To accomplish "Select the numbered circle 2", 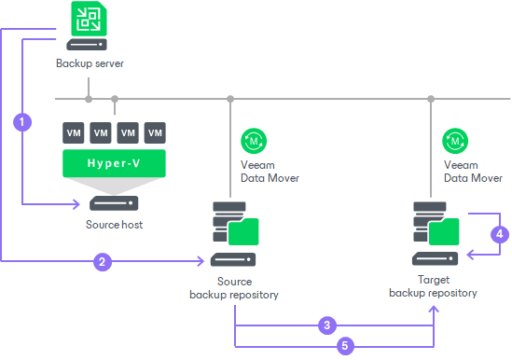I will [102, 262].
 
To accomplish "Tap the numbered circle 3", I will [325, 325].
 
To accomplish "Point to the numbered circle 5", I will [344, 346].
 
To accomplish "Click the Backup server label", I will [89, 64].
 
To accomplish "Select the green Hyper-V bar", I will [114, 165].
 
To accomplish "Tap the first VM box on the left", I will [74, 132].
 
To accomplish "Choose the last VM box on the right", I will [155, 132].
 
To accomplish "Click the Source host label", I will [114, 225].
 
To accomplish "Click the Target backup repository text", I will [433, 285].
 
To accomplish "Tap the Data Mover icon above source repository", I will [254, 140].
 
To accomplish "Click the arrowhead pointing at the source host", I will [78, 202].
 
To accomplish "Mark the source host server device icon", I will [114, 202].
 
